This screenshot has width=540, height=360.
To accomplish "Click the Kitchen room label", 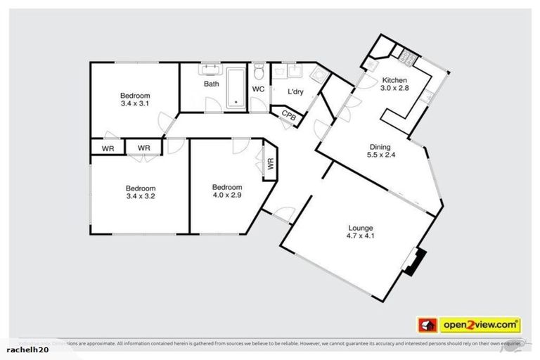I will pos(394,80).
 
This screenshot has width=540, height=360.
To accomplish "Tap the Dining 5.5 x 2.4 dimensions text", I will pos(380,156).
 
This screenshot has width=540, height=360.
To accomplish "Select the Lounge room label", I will pos(361,228).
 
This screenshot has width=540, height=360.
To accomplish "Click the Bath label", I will pos(212,84).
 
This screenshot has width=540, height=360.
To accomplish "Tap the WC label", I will pos(258,89).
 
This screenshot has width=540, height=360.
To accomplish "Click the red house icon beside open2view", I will pos(427,325).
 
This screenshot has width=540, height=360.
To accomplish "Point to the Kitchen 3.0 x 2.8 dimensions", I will pos(394,89).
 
